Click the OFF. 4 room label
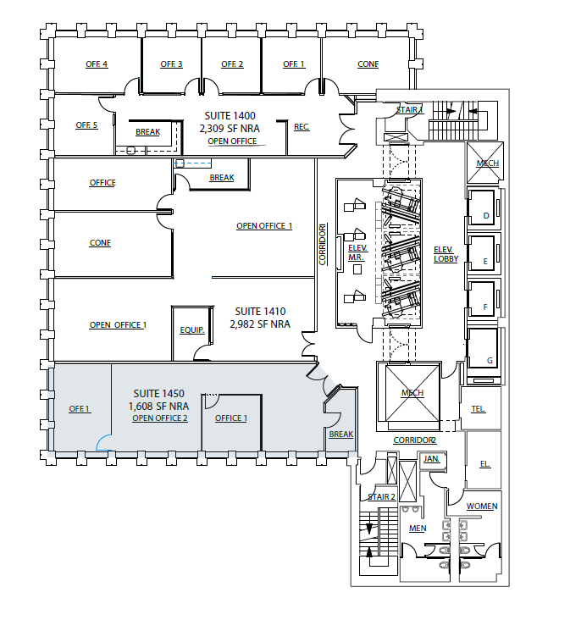click(97, 64)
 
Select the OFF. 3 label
click(172, 64)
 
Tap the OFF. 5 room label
click(86, 125)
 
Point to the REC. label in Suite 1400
click(302, 127)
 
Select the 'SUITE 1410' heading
click(259, 311)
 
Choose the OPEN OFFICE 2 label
click(160, 418)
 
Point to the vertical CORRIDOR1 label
click(322, 244)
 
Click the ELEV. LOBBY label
click(445, 254)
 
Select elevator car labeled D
click(485, 216)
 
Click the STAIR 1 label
click(410, 110)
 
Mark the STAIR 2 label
click(381, 496)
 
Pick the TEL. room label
click(479, 409)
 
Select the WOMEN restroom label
click(483, 507)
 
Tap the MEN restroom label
click(418, 529)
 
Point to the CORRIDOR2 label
click(415, 440)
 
